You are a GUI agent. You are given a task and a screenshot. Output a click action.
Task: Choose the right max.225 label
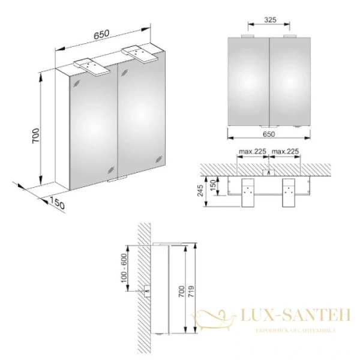[x=286, y=151]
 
